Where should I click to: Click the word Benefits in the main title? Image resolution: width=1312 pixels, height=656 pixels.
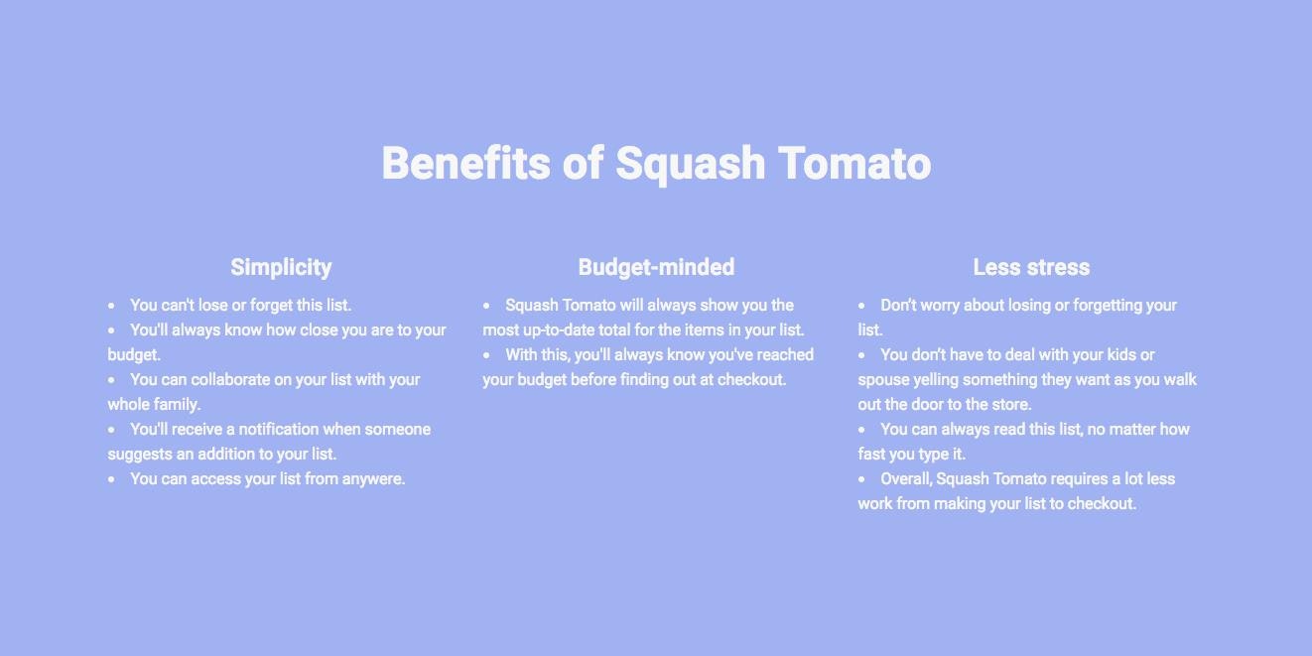tap(464, 164)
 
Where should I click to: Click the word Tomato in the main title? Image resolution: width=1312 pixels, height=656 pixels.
tap(854, 164)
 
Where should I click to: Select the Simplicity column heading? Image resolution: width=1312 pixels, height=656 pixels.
tap(281, 267)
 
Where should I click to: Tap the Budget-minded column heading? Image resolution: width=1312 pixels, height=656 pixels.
tap(656, 267)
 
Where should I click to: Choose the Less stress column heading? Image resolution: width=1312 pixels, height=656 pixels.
tap(1031, 267)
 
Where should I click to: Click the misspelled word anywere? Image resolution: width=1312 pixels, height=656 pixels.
tap(372, 479)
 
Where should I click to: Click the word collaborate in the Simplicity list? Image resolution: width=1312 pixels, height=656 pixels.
tap(231, 380)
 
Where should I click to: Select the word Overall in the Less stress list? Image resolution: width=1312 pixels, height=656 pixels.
tap(905, 479)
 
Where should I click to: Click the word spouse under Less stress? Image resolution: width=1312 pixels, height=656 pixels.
tap(883, 380)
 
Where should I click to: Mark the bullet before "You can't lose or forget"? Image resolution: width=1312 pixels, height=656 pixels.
tap(111, 306)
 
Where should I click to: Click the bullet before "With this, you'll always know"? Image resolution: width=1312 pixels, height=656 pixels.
tap(486, 355)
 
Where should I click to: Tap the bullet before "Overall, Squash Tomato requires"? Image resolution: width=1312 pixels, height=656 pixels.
tap(861, 479)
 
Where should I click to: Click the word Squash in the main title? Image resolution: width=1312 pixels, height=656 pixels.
tap(690, 164)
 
